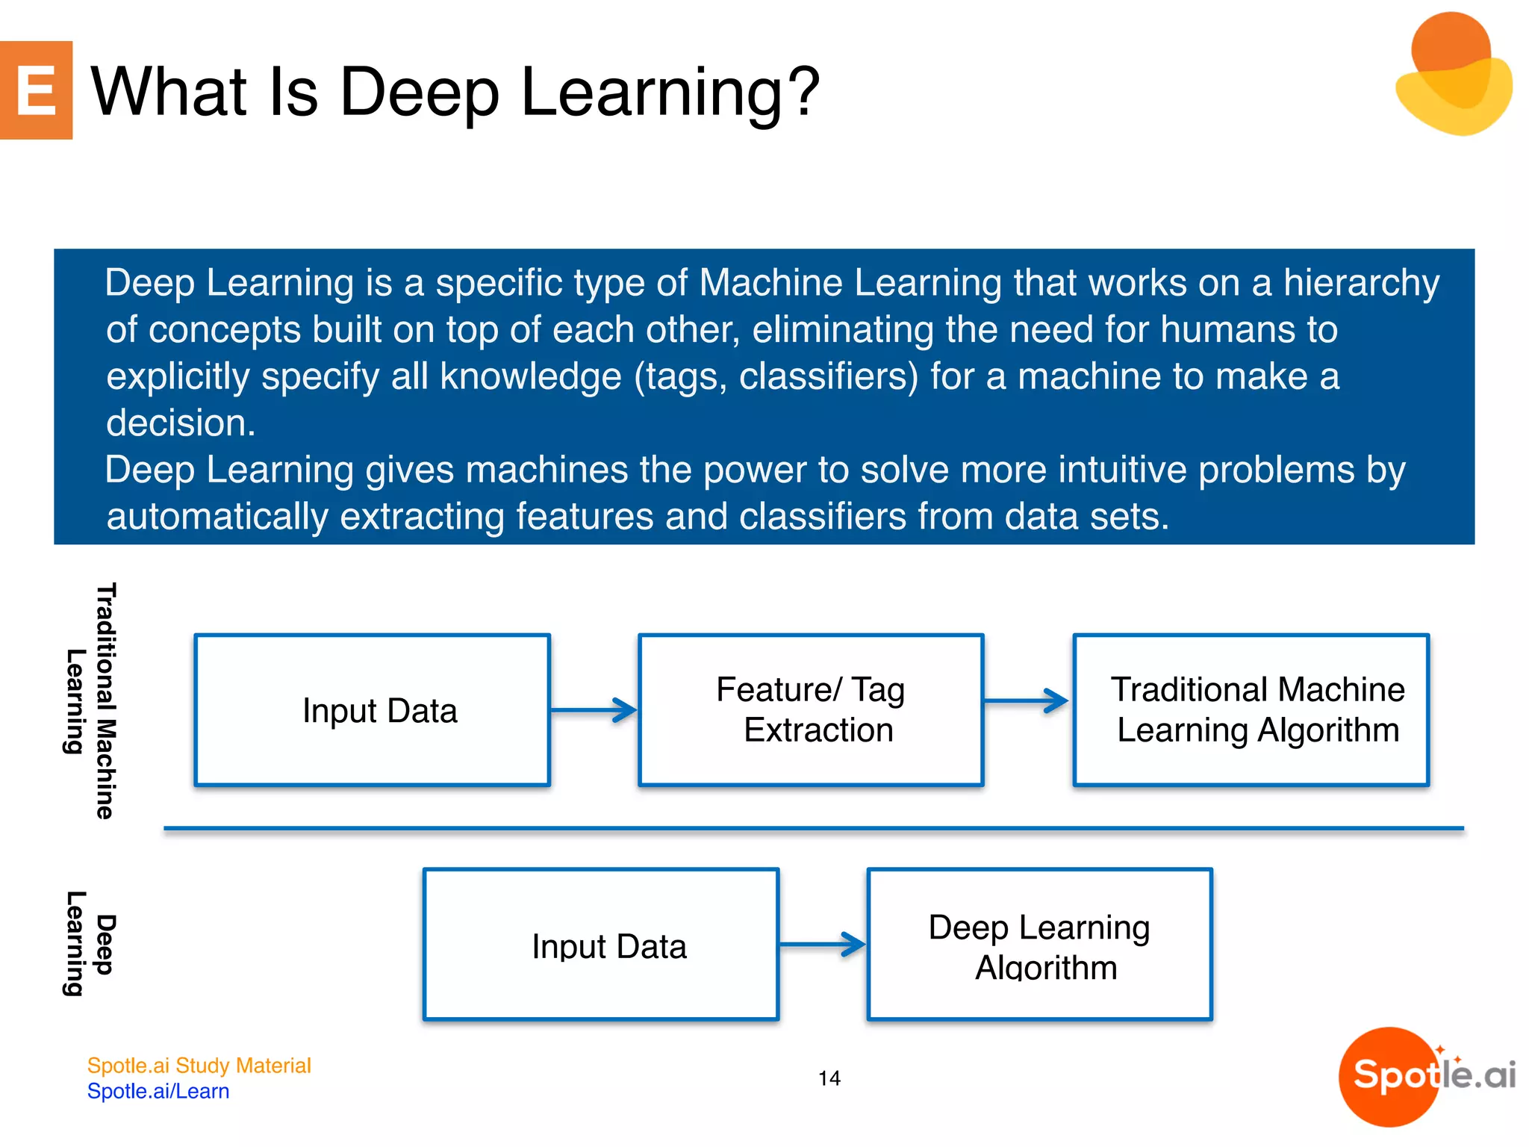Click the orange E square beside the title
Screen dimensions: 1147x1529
click(36, 90)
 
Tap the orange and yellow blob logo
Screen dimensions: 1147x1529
click(1454, 75)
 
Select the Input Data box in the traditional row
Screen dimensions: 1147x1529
click(372, 710)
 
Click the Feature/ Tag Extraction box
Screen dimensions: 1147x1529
click(811, 710)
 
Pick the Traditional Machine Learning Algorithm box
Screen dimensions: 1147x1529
click(1251, 710)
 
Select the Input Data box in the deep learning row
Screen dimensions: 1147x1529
click(601, 945)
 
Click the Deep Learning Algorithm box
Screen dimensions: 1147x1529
click(1039, 945)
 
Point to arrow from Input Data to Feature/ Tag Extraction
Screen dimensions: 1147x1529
click(594, 710)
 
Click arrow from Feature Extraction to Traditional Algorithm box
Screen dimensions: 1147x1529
click(1027, 700)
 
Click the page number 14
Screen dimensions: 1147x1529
click(829, 1078)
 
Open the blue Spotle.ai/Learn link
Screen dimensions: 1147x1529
click(158, 1092)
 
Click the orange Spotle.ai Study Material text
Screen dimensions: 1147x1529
click(199, 1066)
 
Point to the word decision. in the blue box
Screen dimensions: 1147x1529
click(181, 423)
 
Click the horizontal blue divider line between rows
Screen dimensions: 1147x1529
click(814, 828)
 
